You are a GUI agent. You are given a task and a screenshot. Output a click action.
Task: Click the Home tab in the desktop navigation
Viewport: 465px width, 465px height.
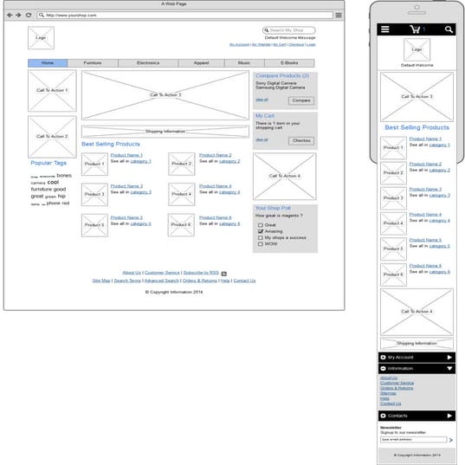pos(48,63)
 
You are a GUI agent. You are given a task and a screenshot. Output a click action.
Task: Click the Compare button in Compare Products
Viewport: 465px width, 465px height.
pos(301,100)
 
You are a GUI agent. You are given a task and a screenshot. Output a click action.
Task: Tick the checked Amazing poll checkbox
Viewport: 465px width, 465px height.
pos(260,231)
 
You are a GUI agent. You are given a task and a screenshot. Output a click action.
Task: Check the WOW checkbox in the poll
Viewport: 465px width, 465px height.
pos(260,243)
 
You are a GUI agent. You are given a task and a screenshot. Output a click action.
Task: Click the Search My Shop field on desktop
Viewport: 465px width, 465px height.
pos(290,30)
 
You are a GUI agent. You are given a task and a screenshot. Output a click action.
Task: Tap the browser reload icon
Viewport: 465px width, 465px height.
pos(29,15)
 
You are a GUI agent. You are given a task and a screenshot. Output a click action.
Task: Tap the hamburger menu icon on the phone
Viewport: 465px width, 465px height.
pos(385,29)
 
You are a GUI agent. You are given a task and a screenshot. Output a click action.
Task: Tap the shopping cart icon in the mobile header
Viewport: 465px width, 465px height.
pos(416,29)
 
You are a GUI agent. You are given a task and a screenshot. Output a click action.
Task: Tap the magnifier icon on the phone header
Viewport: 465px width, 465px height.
pos(449,29)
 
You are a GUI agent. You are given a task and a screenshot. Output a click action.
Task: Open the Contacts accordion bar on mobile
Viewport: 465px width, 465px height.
pos(417,417)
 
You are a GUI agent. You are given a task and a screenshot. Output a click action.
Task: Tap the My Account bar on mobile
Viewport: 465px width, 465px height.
pos(417,357)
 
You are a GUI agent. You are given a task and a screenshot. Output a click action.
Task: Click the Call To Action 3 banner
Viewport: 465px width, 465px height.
pos(165,95)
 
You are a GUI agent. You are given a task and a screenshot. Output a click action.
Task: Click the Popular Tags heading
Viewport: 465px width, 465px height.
pos(48,163)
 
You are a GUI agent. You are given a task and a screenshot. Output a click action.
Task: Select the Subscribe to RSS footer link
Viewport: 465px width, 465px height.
pos(200,273)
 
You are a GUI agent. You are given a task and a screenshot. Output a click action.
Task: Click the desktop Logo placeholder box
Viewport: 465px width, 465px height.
pos(41,38)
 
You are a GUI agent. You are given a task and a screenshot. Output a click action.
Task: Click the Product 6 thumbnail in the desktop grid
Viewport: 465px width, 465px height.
pos(180,225)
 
